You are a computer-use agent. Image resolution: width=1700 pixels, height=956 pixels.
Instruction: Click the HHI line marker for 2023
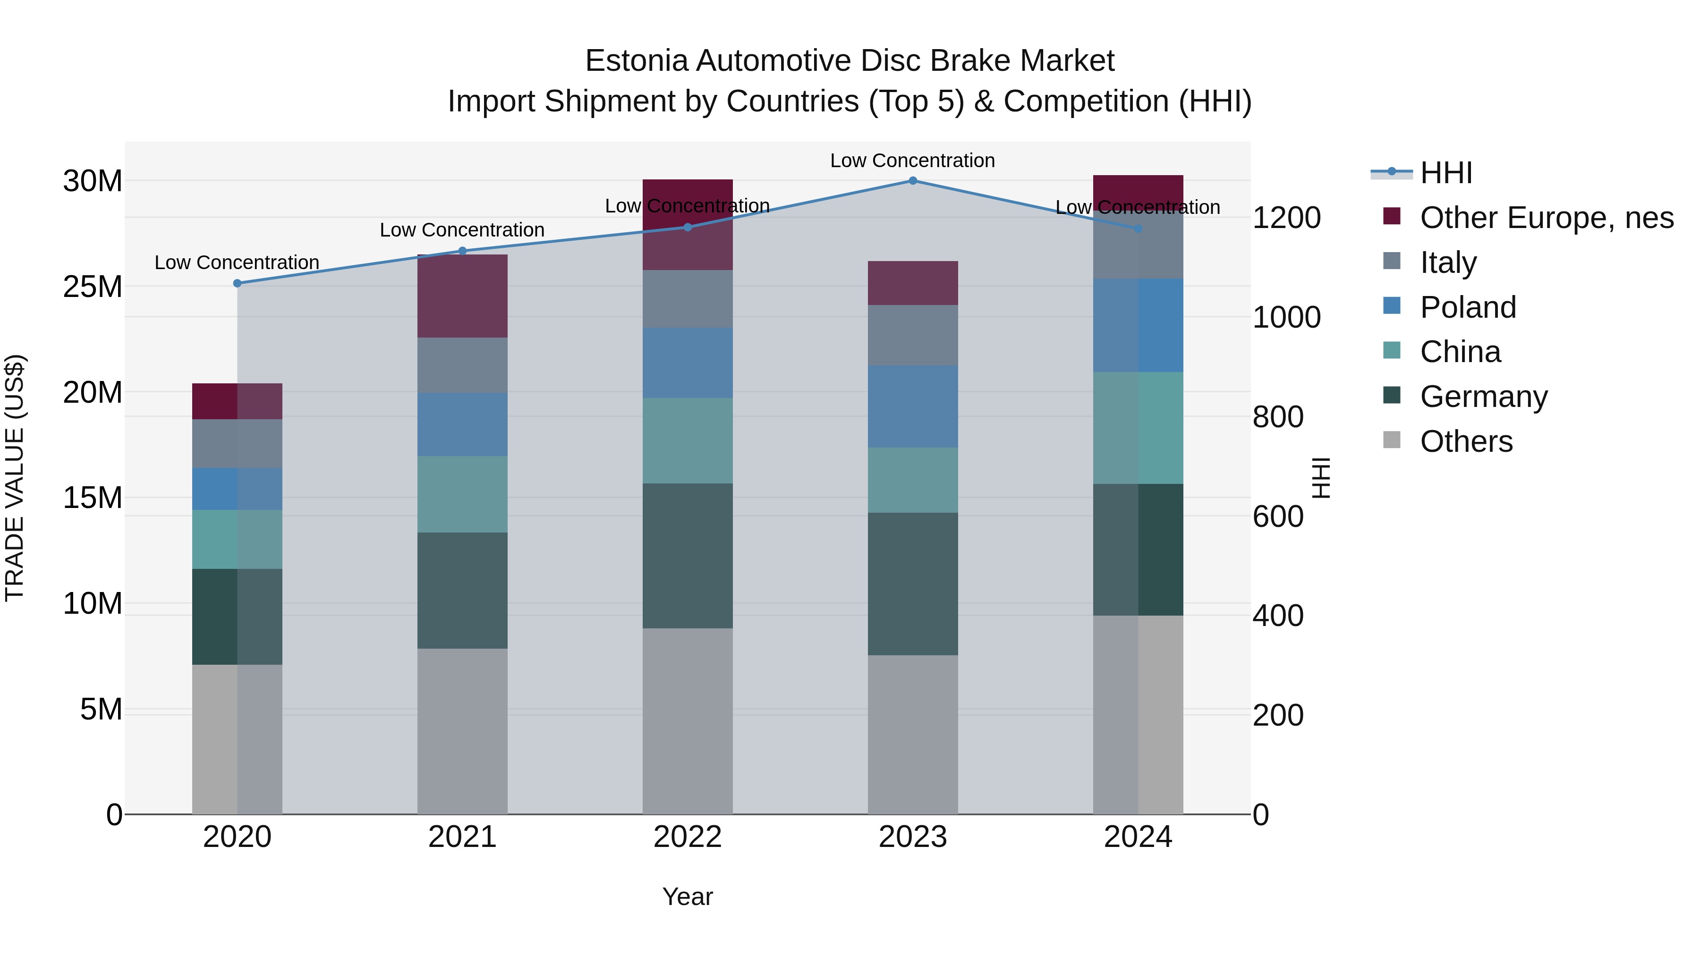pyautogui.click(x=913, y=181)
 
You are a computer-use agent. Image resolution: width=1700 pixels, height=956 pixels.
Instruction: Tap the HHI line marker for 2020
pyautogui.click(x=238, y=284)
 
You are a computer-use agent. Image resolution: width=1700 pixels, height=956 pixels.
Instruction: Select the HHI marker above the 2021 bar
pyautogui.click(x=463, y=251)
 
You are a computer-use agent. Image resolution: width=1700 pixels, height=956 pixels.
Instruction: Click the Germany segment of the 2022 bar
pyautogui.click(x=688, y=556)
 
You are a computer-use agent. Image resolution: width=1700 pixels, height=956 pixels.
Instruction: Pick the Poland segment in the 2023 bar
pyautogui.click(x=913, y=406)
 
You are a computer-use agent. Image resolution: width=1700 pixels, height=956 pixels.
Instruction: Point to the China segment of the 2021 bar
pyautogui.click(x=463, y=494)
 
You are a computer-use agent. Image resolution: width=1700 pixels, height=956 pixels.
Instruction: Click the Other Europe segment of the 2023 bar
pyautogui.click(x=913, y=283)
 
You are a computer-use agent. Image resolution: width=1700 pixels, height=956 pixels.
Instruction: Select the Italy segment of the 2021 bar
pyautogui.click(x=463, y=365)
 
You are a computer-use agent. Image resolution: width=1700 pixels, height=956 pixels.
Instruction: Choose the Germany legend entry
pyautogui.click(x=1484, y=397)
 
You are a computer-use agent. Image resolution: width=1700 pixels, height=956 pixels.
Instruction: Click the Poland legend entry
pyautogui.click(x=1468, y=307)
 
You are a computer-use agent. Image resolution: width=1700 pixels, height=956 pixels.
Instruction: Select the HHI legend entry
pyautogui.click(x=1445, y=173)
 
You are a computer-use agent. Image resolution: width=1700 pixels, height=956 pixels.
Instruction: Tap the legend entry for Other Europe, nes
pyautogui.click(x=1546, y=218)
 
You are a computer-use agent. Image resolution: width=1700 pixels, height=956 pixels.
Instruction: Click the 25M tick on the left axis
pyautogui.click(x=93, y=287)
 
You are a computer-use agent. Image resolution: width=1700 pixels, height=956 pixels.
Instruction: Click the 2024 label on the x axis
pyautogui.click(x=1138, y=837)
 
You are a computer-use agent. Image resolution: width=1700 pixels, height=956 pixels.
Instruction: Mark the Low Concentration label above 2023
pyautogui.click(x=913, y=161)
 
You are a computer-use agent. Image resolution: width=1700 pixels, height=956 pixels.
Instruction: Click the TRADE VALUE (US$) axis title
pyautogui.click(x=15, y=478)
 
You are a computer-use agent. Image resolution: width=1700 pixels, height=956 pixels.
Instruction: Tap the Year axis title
pyautogui.click(x=688, y=897)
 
